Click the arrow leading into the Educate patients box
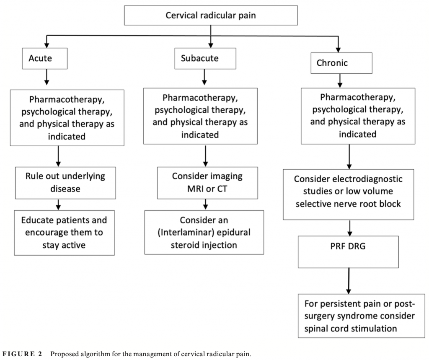click(x=59, y=204)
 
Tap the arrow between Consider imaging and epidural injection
click(x=205, y=204)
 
